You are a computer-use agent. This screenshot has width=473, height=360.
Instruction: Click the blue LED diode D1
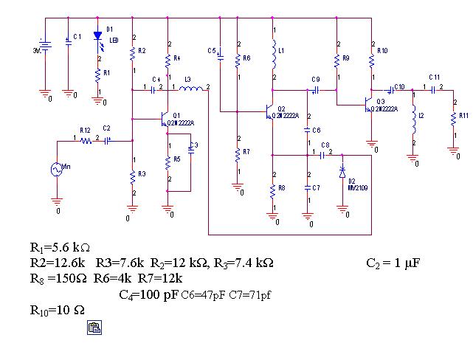coord(97,36)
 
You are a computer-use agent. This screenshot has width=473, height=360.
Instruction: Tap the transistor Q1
coord(165,119)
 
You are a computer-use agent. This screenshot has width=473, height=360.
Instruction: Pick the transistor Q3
coord(369,104)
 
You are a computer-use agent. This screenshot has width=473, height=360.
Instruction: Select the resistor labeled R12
coord(85,139)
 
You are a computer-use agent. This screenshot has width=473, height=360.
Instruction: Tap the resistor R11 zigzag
coord(452,119)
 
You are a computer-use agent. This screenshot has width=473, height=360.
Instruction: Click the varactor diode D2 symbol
coord(342,171)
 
